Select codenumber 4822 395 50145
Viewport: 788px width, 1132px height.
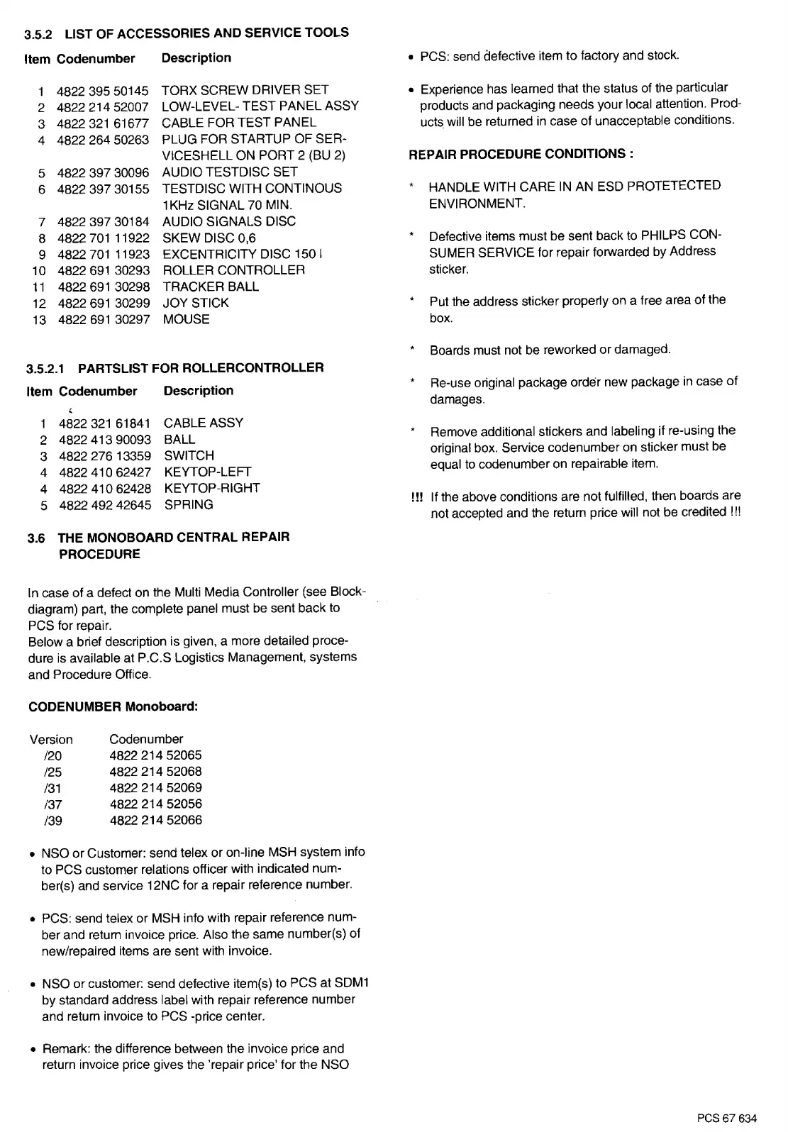point(103,91)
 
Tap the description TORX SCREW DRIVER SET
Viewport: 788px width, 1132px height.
point(245,90)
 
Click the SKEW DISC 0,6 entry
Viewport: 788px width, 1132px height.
point(209,238)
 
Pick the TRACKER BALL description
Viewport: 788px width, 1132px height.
point(211,287)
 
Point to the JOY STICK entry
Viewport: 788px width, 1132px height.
point(196,303)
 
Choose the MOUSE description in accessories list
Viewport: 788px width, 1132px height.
point(186,319)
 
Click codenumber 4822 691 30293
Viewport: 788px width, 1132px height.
point(104,270)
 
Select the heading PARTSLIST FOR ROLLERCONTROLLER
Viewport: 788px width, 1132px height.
point(201,367)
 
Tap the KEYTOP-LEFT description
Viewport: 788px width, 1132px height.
point(207,472)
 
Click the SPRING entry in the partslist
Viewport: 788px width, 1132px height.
point(189,504)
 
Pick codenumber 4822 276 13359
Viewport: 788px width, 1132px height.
point(104,455)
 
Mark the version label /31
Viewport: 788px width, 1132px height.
point(52,788)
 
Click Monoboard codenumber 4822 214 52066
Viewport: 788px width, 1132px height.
point(155,820)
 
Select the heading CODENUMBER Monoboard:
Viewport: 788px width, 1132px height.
point(112,706)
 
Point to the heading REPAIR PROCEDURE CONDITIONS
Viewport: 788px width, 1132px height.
point(521,154)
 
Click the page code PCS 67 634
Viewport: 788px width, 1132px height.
point(726,1119)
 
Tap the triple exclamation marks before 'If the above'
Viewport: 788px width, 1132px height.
point(416,496)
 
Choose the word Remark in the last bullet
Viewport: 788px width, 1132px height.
point(65,1048)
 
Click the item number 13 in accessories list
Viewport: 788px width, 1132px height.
point(39,320)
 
